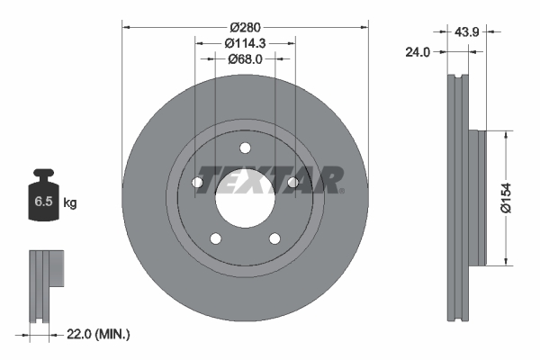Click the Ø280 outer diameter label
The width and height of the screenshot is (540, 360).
point(245,28)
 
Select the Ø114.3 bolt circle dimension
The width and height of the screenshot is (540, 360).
point(245,43)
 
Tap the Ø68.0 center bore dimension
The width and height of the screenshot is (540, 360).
point(245,58)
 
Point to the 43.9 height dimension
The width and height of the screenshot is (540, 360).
point(466,32)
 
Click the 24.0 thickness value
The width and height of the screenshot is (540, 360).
point(416,52)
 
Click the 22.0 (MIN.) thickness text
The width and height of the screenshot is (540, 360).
point(98,335)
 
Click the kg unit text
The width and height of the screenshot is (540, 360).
point(69,203)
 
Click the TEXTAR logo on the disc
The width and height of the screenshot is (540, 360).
point(270,179)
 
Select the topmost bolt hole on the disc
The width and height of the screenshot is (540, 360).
point(245,149)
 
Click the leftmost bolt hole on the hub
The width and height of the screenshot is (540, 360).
point(198,183)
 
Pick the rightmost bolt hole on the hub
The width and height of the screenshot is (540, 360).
point(292,183)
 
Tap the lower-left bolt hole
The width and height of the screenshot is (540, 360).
point(215,238)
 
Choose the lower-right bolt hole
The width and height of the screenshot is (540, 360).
point(274,238)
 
